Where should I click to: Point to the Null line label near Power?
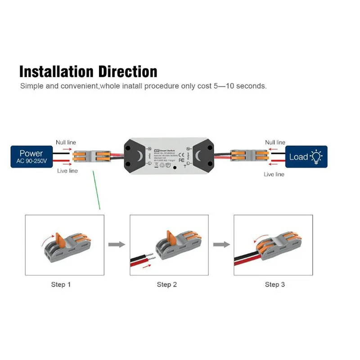click(x=67, y=142)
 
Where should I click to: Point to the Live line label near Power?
click(x=67, y=171)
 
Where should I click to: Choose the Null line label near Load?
click(x=275, y=142)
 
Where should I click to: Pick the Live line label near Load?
click(x=274, y=174)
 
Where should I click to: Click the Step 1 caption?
click(x=61, y=284)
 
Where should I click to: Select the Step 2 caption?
click(x=167, y=284)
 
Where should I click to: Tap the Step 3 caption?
click(x=275, y=284)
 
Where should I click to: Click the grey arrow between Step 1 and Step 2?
click(x=117, y=244)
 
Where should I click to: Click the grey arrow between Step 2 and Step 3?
click(x=221, y=244)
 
